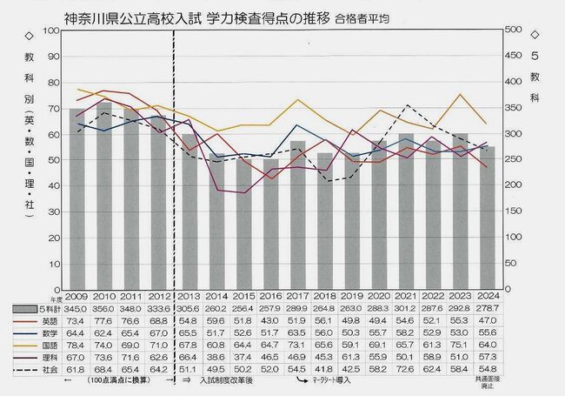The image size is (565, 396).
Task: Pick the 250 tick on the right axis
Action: click(519, 160)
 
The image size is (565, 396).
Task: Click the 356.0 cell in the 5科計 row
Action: click(105, 309)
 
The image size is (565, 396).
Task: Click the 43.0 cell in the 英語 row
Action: click(273, 321)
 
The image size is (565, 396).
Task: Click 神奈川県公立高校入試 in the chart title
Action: click(131, 16)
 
